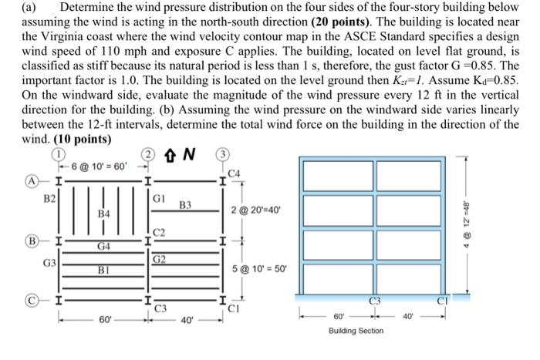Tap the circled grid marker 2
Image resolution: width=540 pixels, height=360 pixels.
pos(146,154)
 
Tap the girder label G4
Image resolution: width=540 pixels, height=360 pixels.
pos(102,247)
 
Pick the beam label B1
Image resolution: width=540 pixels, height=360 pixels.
pos(102,271)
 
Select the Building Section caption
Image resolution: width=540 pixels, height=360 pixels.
pos(355,330)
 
